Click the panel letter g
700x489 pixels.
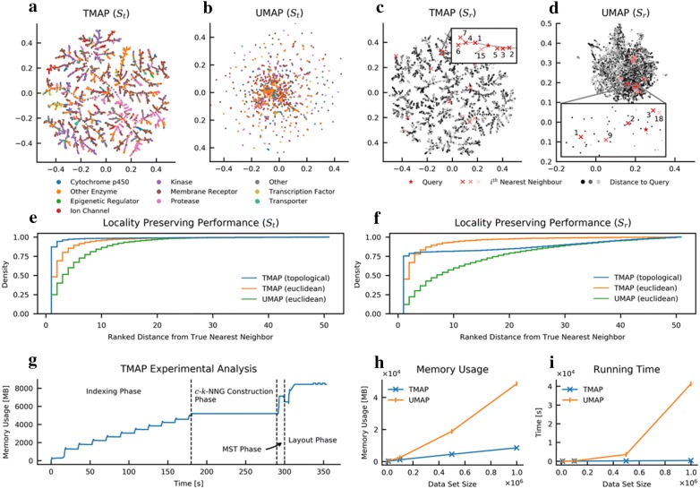point(8,337)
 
